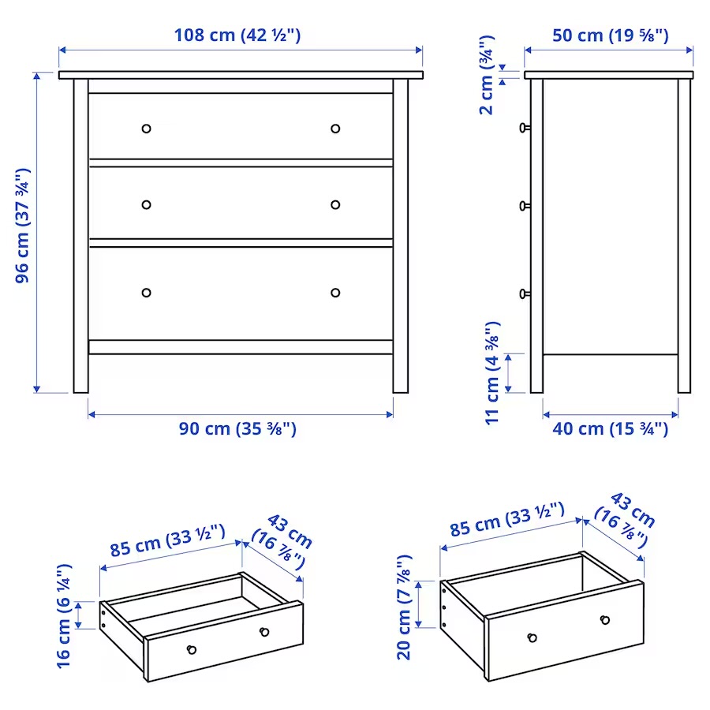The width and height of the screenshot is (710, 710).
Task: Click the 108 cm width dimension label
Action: (x=237, y=35)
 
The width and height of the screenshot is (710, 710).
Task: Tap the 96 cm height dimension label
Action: (x=23, y=226)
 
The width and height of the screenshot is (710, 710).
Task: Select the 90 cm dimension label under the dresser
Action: (x=237, y=428)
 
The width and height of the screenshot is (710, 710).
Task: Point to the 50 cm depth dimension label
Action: (x=610, y=35)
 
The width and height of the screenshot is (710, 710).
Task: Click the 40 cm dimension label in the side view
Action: (x=610, y=428)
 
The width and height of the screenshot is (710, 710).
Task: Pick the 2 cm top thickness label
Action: (x=487, y=75)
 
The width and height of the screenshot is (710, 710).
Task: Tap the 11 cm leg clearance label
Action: (x=492, y=373)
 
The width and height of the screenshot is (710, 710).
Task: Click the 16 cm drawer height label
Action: (x=64, y=616)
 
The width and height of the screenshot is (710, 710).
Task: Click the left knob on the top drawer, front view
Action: (x=146, y=129)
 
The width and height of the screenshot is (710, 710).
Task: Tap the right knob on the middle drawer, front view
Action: (x=335, y=204)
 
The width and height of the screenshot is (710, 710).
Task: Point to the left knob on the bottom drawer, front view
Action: (x=146, y=293)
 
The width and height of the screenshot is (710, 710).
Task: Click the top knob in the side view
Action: (x=525, y=128)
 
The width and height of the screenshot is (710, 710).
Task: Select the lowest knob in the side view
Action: (x=525, y=294)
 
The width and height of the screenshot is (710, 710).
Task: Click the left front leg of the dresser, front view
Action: (x=81, y=236)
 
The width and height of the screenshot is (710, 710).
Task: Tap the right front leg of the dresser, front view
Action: (x=400, y=236)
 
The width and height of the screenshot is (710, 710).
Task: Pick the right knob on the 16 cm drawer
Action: (x=264, y=632)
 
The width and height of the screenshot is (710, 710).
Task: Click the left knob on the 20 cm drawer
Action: (x=532, y=637)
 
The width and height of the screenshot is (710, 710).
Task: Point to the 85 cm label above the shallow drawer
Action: (x=167, y=540)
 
